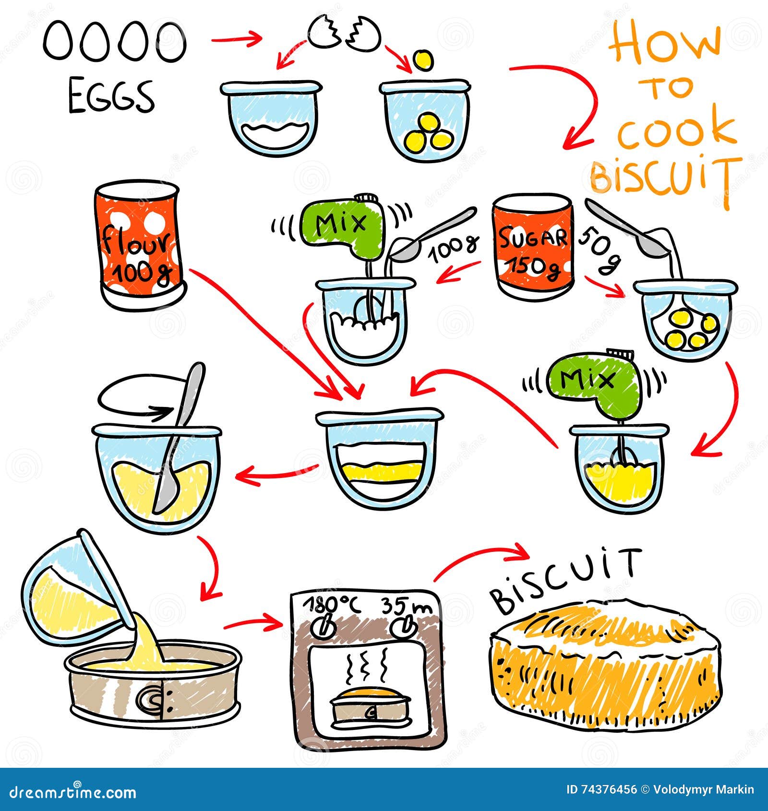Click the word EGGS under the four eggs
pyautogui.click(x=111, y=97)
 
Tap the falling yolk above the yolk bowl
pyautogui.click(x=423, y=60)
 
